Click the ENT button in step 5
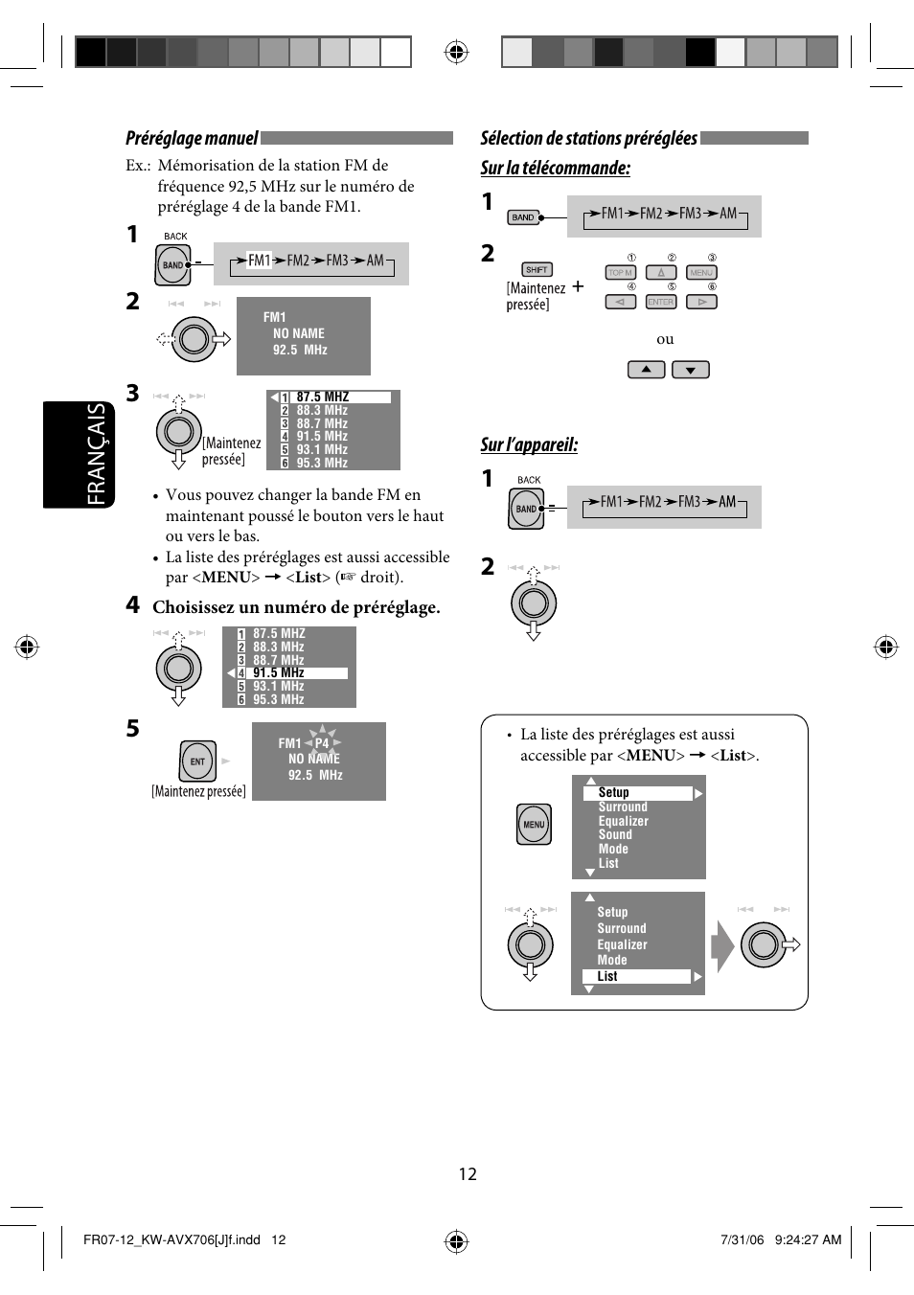point(197,761)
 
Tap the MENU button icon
point(534,824)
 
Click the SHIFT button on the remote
point(537,270)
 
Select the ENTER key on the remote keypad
point(660,302)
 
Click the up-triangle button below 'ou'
point(646,370)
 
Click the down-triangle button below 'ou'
point(690,370)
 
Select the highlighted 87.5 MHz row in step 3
point(334,397)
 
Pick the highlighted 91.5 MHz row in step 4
point(291,673)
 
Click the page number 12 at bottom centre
point(468,1174)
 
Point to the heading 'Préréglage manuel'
point(192,139)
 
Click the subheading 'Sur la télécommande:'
point(555,169)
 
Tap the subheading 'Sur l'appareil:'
point(529,444)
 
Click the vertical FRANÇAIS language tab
point(96,454)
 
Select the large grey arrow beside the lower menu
point(722,945)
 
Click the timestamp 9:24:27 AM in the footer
point(808,1239)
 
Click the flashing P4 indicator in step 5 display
point(322,742)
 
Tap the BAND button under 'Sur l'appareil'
point(526,509)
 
